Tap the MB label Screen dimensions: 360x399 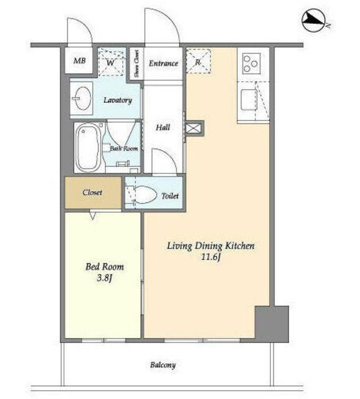[x=79, y=60]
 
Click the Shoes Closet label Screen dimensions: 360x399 [x=136, y=64]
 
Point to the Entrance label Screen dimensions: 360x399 [x=163, y=64]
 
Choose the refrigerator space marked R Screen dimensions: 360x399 [x=199, y=61]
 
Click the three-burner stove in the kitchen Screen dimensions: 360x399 [x=251, y=64]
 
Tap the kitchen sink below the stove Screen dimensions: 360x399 [x=249, y=100]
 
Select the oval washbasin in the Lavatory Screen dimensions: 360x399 [x=82, y=99]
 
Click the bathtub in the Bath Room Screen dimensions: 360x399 [x=88, y=147]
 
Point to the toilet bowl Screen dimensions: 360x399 [x=143, y=195]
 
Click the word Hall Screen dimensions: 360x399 [x=163, y=127]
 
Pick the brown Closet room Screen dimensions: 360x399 [x=93, y=193]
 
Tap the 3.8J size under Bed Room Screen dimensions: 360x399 [x=104, y=279]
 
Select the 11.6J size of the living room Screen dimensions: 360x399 [x=211, y=257]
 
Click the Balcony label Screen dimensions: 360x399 [x=163, y=365]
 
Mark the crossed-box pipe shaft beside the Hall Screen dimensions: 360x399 [x=194, y=128]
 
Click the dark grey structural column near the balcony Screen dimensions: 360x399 [x=272, y=324]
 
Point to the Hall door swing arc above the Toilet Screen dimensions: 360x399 [x=168, y=155]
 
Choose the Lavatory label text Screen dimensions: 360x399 [x=118, y=100]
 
